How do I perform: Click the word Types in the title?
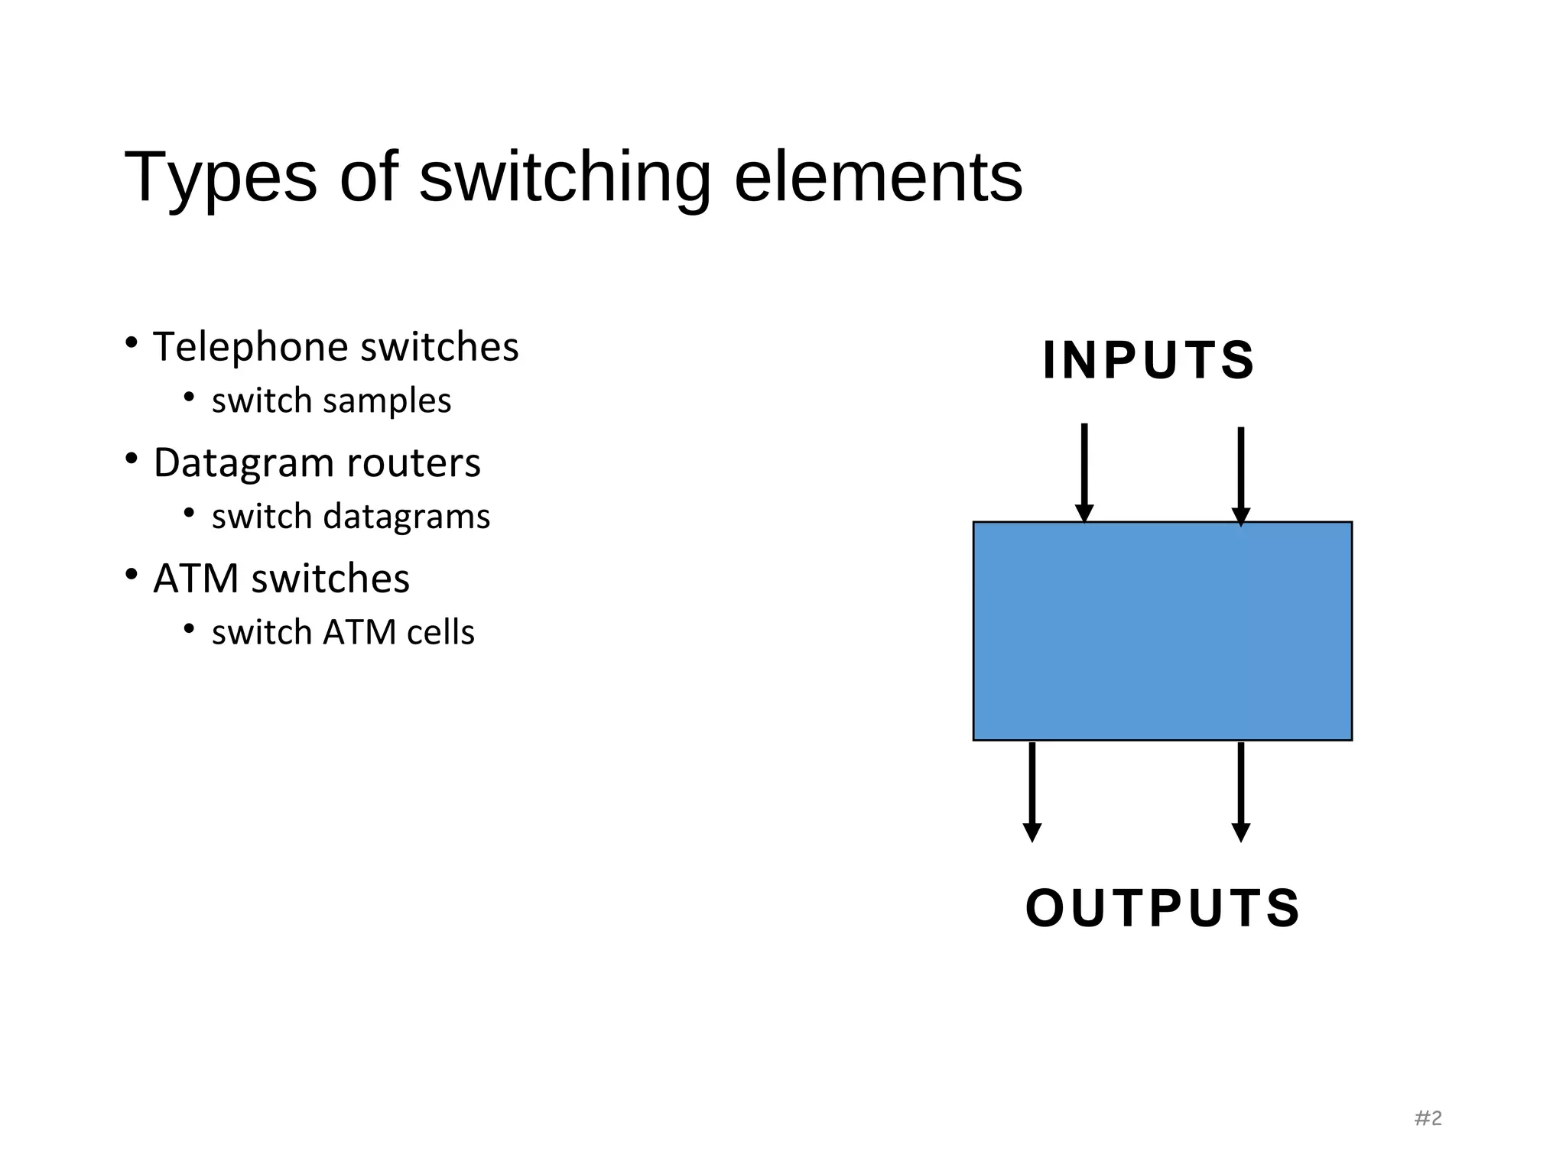(220, 177)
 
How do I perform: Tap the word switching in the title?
(565, 177)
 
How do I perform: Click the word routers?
(414, 463)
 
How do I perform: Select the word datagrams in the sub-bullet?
(407, 517)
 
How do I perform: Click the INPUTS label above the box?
(1149, 359)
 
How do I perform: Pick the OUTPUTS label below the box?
(1162, 908)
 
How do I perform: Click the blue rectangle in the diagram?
(1162, 631)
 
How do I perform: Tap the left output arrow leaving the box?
(1032, 791)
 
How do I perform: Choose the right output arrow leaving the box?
(1241, 791)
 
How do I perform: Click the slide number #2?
(1428, 1118)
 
